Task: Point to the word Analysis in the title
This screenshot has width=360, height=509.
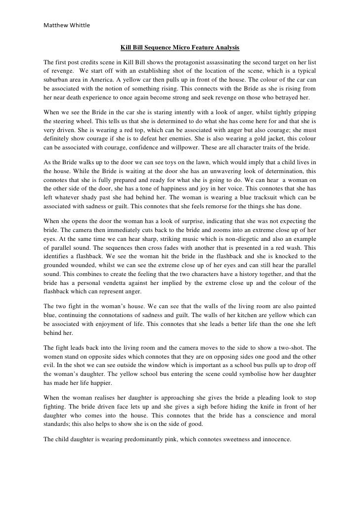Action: pos(227,48)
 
